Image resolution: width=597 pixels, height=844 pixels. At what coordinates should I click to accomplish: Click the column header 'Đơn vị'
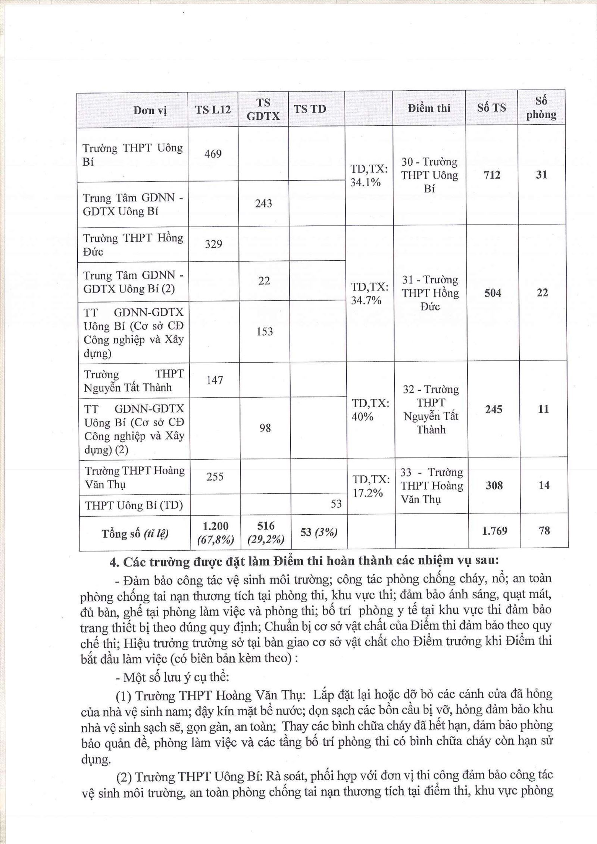coord(150,110)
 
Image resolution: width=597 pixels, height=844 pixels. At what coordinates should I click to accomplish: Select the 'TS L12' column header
coord(213,109)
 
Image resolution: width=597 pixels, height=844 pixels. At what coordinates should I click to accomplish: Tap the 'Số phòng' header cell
coord(541,108)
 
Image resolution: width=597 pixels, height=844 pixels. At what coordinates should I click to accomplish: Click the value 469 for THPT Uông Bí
coord(213,154)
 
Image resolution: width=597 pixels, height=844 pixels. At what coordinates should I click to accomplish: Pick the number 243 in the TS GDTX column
coord(263,204)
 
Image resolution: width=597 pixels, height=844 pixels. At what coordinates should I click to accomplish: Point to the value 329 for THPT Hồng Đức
coord(214,244)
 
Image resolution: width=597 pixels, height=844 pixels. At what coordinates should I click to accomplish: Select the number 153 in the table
coord(265,332)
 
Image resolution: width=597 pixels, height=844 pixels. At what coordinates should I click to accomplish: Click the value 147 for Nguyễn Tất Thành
coord(215,380)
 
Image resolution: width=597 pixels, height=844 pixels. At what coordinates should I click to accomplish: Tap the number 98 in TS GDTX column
coord(265,428)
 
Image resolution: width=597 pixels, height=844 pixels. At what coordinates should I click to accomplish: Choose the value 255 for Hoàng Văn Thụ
coord(215,476)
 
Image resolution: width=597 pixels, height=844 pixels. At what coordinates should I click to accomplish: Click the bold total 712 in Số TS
coord(492,175)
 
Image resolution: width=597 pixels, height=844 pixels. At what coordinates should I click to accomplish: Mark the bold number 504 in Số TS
coord(493,293)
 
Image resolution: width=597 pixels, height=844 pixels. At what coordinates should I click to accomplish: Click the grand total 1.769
coord(494,531)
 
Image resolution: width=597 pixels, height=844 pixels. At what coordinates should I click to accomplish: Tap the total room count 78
coord(544,531)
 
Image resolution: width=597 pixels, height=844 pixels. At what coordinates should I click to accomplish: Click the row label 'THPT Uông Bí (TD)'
coord(134,506)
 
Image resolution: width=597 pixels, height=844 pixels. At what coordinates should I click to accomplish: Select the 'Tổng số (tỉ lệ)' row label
coord(135,534)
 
